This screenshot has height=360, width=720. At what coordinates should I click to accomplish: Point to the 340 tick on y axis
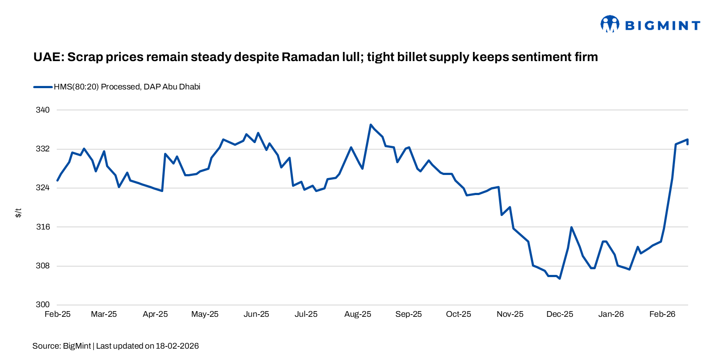tap(43, 110)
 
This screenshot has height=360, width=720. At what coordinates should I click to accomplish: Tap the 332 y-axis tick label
tap(43, 149)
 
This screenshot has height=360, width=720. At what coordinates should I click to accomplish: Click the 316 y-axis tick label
tap(43, 227)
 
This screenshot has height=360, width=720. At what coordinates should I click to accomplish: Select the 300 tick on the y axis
tap(43, 305)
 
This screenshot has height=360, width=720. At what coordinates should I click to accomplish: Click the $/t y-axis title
tap(18, 213)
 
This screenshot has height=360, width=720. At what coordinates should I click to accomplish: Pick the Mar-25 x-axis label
tap(104, 314)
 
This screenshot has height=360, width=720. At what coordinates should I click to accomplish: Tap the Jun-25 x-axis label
tap(256, 314)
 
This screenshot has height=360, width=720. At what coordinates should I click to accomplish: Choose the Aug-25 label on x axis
tap(357, 314)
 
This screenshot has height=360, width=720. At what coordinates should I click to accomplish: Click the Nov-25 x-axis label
tap(510, 314)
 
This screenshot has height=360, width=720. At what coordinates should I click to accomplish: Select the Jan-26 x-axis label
tap(611, 314)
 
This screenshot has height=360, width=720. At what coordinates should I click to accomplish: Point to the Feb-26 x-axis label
tap(662, 314)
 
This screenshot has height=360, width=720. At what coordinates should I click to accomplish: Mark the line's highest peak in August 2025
tap(370, 125)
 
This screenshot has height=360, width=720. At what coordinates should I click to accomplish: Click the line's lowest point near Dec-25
tap(559, 278)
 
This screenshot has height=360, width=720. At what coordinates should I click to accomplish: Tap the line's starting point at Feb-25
tap(58, 180)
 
